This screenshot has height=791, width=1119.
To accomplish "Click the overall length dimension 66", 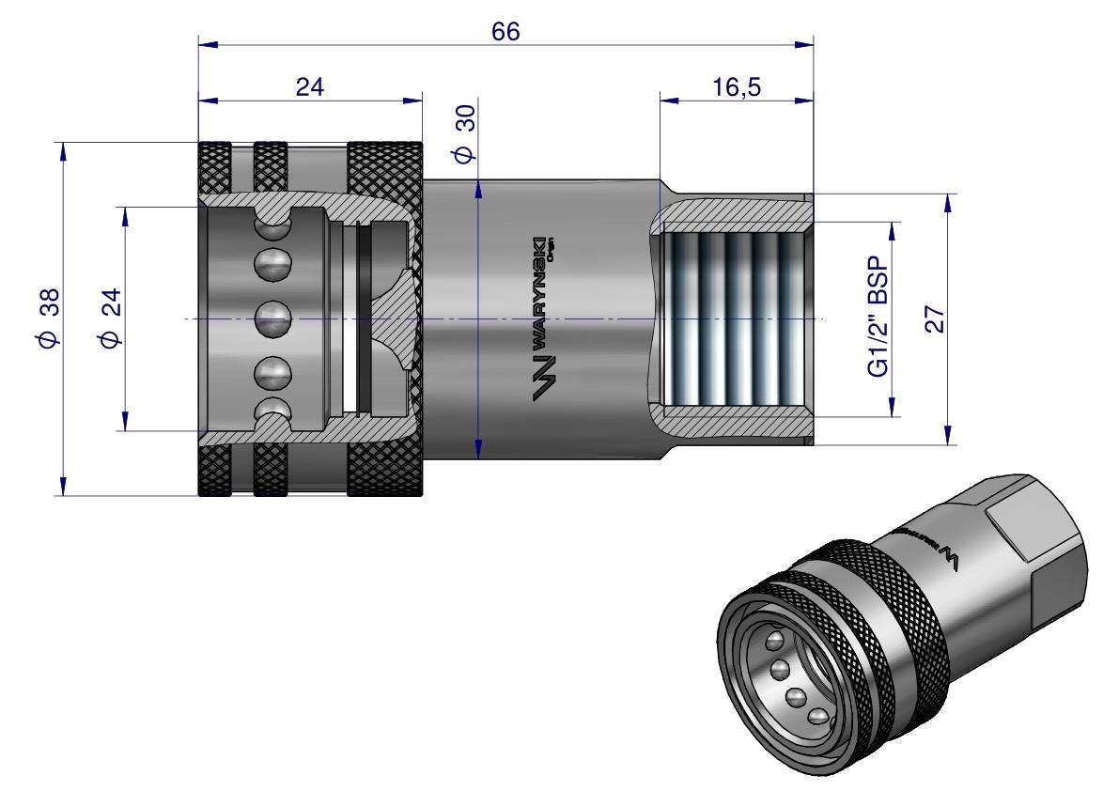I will click(x=505, y=31).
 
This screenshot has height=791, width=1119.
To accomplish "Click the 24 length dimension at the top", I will click(x=310, y=87).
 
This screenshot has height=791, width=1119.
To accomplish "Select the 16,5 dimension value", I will click(x=736, y=87).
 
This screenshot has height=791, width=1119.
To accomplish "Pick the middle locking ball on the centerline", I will click(x=273, y=318).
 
